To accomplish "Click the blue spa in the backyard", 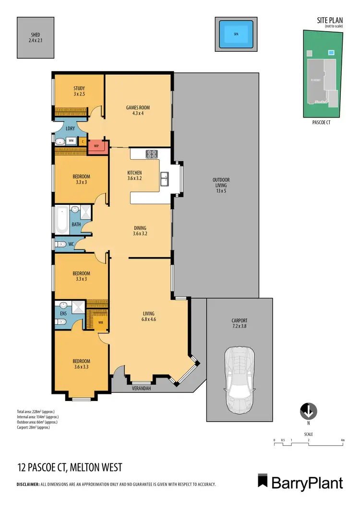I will [236, 34].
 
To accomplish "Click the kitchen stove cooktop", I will [152, 154].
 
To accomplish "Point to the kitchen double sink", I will [165, 178].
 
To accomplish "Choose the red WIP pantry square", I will [96, 146].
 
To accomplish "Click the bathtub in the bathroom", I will [61, 220].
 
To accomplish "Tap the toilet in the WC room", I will [59, 244].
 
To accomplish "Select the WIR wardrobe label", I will [100, 322].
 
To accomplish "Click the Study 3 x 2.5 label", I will [79, 91].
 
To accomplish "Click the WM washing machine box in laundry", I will [71, 141].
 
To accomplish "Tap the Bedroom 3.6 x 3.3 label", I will [81, 364].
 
